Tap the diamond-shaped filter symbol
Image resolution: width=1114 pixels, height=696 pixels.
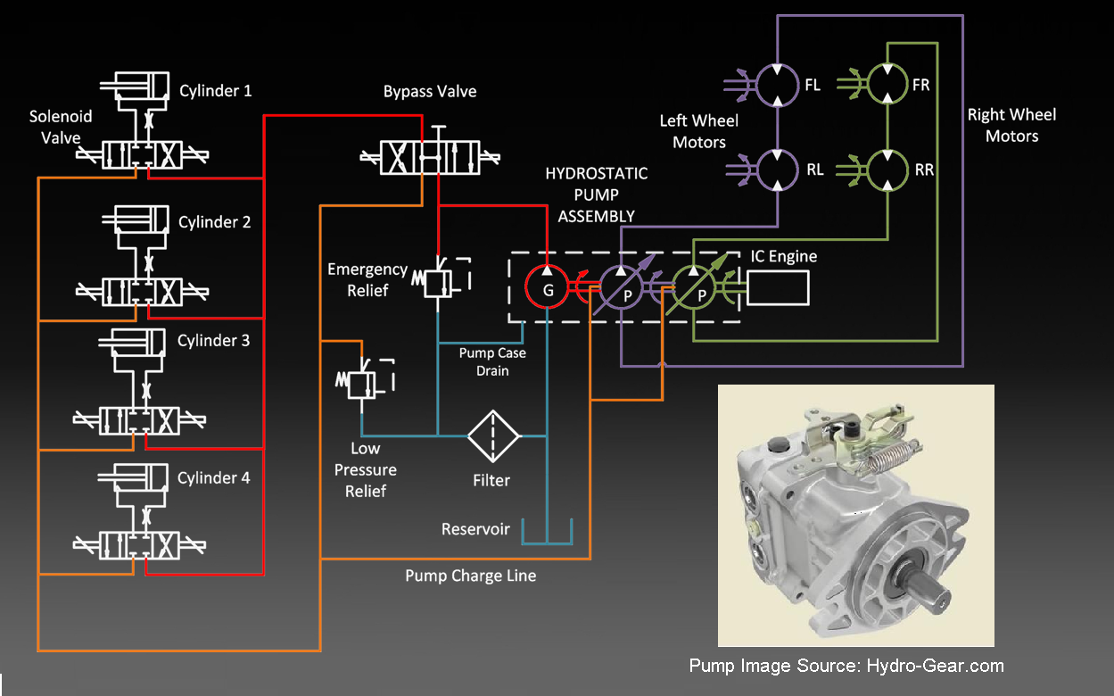(x=493, y=435)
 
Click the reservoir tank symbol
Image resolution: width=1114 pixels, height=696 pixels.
(x=547, y=543)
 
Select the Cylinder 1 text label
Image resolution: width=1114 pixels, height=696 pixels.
(x=215, y=90)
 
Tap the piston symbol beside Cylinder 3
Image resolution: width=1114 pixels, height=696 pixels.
(x=132, y=342)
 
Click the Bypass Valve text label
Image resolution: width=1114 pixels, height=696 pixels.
(x=430, y=91)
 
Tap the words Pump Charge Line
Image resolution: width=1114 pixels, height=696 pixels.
(x=470, y=576)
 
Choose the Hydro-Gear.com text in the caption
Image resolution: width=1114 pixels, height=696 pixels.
(x=935, y=666)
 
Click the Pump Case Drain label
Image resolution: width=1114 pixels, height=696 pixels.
(x=492, y=361)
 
